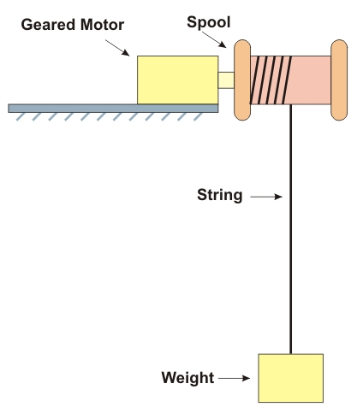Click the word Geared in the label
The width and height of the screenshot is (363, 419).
tap(49, 25)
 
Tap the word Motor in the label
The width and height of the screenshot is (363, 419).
tap(102, 25)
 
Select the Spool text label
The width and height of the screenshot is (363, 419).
tap(209, 22)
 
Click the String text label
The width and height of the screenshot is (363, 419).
tap(220, 196)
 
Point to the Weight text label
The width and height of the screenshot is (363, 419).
tap(187, 378)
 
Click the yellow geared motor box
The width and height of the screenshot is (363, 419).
tap(178, 80)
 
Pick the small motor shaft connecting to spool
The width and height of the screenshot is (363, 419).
tap(226, 80)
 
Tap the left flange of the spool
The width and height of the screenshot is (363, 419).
tap(242, 80)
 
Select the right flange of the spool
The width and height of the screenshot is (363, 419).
tap(339, 80)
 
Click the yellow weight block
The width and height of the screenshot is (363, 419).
tap(291, 378)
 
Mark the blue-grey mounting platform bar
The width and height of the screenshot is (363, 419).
tap(113, 109)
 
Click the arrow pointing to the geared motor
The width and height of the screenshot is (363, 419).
tap(117, 48)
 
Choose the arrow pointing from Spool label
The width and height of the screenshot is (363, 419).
tap(214, 39)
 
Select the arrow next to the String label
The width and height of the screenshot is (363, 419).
tap(266, 197)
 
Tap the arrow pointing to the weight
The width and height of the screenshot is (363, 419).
tap(234, 378)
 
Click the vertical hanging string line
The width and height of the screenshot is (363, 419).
tap(291, 229)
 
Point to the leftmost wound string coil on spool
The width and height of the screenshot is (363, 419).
tap(254, 80)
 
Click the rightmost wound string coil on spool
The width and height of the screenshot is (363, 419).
tap(287, 80)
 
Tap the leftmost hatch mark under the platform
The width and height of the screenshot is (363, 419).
tap(21, 117)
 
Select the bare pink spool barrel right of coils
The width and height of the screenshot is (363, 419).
tap(311, 80)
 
